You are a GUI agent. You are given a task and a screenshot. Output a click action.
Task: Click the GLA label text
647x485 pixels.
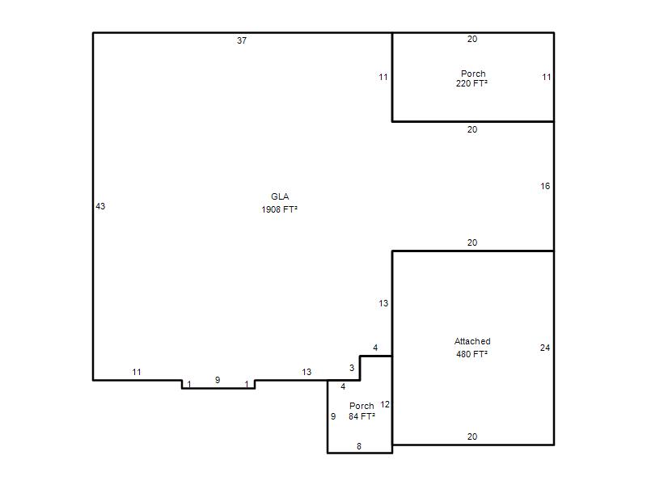(280, 196)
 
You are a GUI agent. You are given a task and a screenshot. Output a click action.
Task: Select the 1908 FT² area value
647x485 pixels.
(279, 209)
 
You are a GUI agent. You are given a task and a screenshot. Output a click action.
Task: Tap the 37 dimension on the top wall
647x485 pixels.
(242, 40)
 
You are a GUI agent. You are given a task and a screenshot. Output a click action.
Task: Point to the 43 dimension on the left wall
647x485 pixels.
(100, 206)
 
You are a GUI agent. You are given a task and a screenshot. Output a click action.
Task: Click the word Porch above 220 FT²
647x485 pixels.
(473, 74)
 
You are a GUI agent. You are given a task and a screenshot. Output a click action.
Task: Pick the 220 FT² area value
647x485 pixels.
(472, 83)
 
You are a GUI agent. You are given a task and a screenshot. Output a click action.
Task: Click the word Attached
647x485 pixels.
(472, 341)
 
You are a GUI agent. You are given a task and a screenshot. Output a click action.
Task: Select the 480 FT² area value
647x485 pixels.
(472, 354)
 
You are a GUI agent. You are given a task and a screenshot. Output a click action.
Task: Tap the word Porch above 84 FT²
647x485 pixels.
(362, 406)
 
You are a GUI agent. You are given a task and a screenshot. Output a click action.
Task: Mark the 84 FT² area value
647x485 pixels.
(362, 416)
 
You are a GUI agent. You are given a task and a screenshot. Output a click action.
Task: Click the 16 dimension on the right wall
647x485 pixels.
(545, 187)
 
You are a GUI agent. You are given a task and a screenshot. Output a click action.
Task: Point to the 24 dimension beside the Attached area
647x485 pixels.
(544, 348)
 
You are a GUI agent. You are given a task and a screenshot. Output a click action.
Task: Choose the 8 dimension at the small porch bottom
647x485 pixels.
(359, 446)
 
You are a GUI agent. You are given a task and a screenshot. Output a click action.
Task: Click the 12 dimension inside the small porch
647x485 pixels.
(385, 405)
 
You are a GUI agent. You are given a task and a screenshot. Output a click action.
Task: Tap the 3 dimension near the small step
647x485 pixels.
(352, 368)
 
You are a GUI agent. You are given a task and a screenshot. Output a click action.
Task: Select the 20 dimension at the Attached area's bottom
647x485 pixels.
(472, 436)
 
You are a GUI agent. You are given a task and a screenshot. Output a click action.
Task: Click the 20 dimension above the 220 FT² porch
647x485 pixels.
(472, 39)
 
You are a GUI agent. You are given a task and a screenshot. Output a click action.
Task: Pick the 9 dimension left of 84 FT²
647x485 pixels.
(333, 416)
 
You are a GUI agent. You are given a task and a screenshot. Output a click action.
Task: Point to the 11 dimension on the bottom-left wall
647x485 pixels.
(137, 372)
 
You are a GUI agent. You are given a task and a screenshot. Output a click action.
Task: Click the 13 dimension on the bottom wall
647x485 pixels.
(307, 372)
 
